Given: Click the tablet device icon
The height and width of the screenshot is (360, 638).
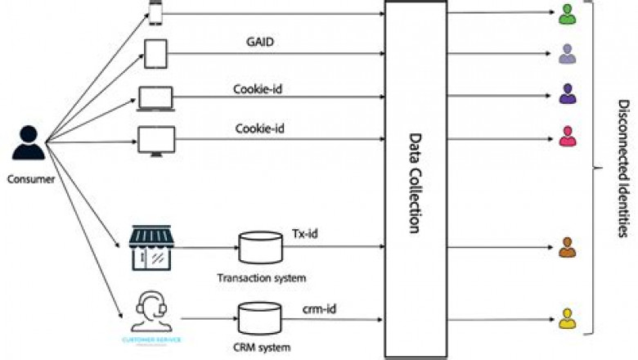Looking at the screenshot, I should click(156, 54).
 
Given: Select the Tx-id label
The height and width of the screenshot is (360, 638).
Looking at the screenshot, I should click(304, 234).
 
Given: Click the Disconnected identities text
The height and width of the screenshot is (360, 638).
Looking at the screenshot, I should click(622, 168).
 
